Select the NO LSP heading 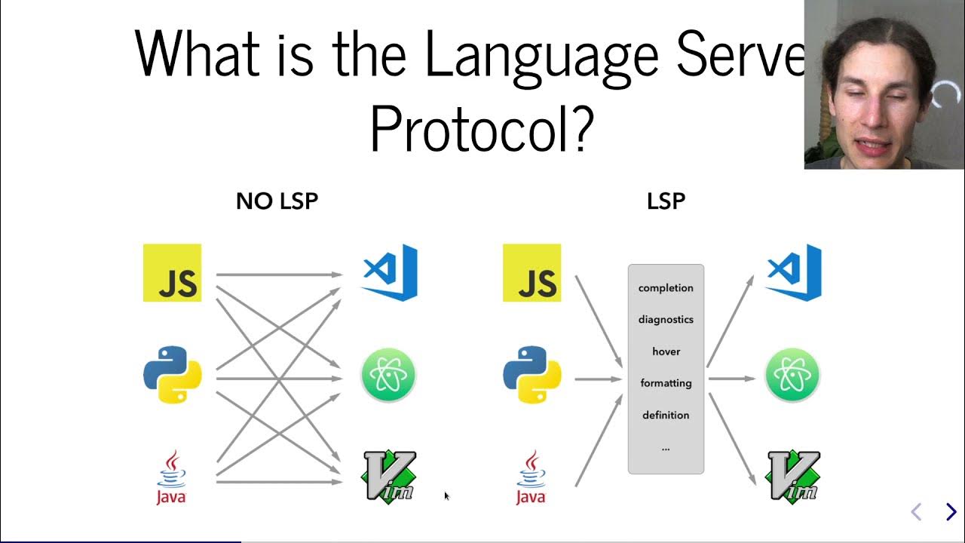click(x=277, y=201)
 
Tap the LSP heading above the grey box click(x=666, y=201)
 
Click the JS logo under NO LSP click(x=172, y=273)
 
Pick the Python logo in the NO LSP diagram click(x=173, y=375)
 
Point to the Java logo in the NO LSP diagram click(x=171, y=477)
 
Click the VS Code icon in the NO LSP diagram click(x=390, y=272)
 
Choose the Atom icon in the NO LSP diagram click(x=388, y=375)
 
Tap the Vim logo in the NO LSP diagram click(x=389, y=476)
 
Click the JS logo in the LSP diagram click(x=532, y=273)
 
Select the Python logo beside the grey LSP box click(x=532, y=375)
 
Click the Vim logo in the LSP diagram click(x=792, y=476)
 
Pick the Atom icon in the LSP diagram click(x=792, y=375)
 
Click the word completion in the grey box click(x=666, y=288)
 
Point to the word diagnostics click(x=666, y=320)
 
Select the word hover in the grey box click(x=666, y=351)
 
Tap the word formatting click(x=666, y=383)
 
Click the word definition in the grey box click(x=666, y=416)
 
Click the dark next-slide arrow click(x=951, y=512)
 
